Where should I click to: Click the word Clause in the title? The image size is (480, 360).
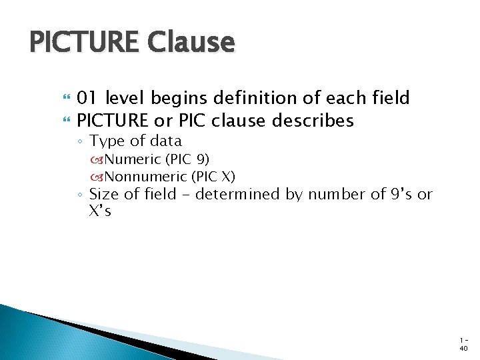pos(192,43)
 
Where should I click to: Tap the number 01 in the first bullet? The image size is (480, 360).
pos(87,99)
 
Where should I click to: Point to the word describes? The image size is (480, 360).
pos(318,121)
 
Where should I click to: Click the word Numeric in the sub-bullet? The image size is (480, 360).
pos(133,159)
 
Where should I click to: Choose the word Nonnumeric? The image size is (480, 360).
pos(146,176)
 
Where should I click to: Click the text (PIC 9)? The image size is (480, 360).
pos(187,159)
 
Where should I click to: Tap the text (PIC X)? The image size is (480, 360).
pos(213,176)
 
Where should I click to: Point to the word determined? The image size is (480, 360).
pos(252,195)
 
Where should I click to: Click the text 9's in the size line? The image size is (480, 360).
pos(398,195)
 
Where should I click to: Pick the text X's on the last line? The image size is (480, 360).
pos(100,212)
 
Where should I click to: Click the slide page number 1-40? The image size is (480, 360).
pos(463,343)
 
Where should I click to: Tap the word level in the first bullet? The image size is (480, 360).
pos(124,99)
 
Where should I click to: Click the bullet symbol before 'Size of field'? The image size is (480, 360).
pos(79,195)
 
